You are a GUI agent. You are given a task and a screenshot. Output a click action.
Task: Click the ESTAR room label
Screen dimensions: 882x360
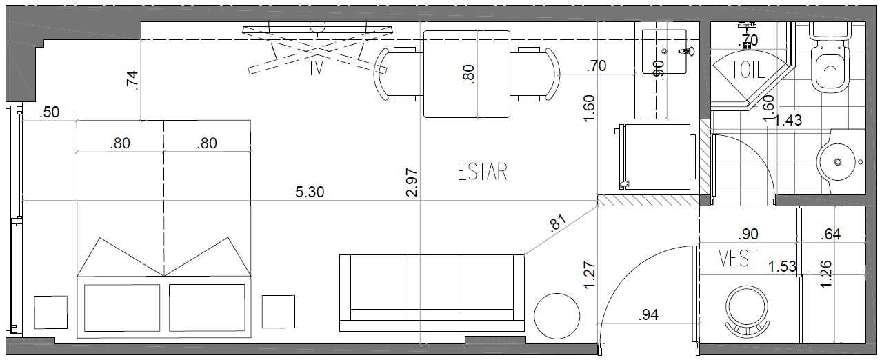(x=482, y=172)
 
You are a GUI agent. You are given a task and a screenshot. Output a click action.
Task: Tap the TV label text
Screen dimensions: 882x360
(x=316, y=68)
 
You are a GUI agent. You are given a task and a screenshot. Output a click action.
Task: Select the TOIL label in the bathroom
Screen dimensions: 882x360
(x=748, y=70)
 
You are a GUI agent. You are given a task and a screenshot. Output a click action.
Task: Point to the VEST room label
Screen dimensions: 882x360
(x=738, y=259)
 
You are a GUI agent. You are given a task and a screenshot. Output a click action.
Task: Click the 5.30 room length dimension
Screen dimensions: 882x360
(x=310, y=192)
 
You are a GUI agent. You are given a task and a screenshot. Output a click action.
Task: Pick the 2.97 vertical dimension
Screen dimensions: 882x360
(x=412, y=182)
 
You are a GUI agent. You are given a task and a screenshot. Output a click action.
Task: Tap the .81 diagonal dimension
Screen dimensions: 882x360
(x=558, y=223)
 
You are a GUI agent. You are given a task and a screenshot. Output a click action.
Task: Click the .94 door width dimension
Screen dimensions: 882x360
(x=648, y=314)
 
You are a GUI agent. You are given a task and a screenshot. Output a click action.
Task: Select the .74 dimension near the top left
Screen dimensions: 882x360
(x=132, y=81)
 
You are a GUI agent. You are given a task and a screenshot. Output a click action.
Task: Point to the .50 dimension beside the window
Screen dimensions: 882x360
(x=49, y=112)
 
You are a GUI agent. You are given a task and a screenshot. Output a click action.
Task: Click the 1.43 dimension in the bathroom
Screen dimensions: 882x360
(x=788, y=120)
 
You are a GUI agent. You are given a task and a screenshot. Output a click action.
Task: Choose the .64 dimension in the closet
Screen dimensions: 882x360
(x=830, y=234)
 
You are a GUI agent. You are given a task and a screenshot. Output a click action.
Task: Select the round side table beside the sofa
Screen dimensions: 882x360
(x=557, y=316)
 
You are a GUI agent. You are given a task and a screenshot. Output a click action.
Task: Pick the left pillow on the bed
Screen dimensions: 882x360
(x=122, y=308)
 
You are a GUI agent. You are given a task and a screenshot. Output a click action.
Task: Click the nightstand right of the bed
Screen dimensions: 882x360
(x=279, y=312)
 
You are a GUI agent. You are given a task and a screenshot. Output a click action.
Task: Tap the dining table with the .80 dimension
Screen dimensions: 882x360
(x=467, y=74)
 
